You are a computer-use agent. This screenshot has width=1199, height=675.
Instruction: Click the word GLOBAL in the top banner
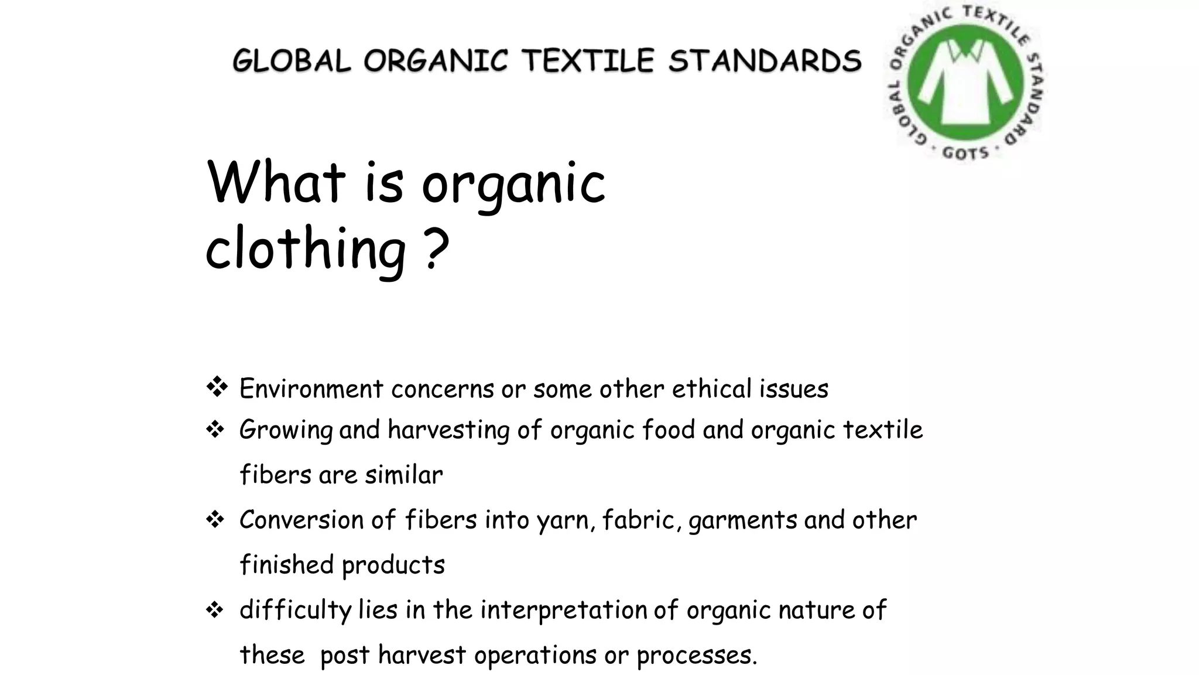[x=292, y=61]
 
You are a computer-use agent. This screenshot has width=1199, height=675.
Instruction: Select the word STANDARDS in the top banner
[x=765, y=61]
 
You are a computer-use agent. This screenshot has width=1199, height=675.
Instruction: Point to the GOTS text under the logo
[x=965, y=154]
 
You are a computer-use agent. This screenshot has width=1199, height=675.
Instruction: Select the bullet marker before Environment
[x=217, y=387]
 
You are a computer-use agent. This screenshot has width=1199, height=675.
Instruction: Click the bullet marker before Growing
[x=215, y=430]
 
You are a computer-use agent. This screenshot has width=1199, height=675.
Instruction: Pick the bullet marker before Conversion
[x=215, y=520]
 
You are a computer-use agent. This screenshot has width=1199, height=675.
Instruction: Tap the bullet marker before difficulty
[x=215, y=611]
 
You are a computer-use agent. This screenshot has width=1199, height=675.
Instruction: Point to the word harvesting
[x=448, y=431]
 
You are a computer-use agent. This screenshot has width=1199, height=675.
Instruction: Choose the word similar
[x=404, y=475]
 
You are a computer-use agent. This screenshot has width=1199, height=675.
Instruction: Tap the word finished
[x=287, y=565]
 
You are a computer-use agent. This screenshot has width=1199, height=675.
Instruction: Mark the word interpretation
[x=563, y=611]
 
